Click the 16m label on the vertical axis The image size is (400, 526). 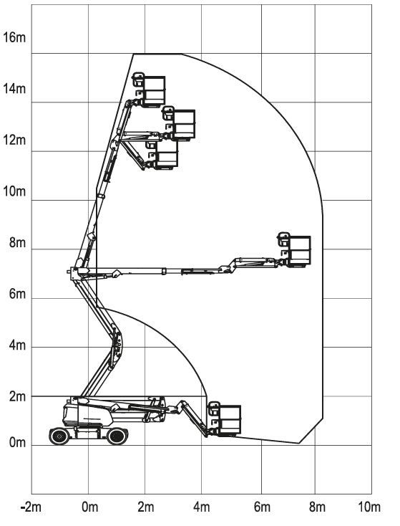coord(14,37)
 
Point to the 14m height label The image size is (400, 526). coord(14,89)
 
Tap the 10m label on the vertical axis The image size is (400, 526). coord(14,191)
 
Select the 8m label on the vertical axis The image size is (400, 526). coord(17,242)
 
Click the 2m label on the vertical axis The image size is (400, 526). coord(17,396)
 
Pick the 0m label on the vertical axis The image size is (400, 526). coord(17,442)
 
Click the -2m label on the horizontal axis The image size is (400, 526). coord(31,507)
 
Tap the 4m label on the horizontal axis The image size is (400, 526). coord(202,507)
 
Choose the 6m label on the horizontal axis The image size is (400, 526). coord(262,507)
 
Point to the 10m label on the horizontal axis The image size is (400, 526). coord(369,507)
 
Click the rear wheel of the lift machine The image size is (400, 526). coord(59,436)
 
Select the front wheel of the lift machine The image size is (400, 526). coord(117,436)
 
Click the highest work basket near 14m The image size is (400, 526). coord(150,90)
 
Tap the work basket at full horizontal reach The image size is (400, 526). coord(295,249)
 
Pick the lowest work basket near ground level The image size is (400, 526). coord(225,419)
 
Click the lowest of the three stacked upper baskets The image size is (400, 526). coord(162,155)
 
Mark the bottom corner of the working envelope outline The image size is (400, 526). coord(299,443)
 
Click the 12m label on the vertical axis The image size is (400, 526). coord(14,140)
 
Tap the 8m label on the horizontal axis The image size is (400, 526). coord(317,507)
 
